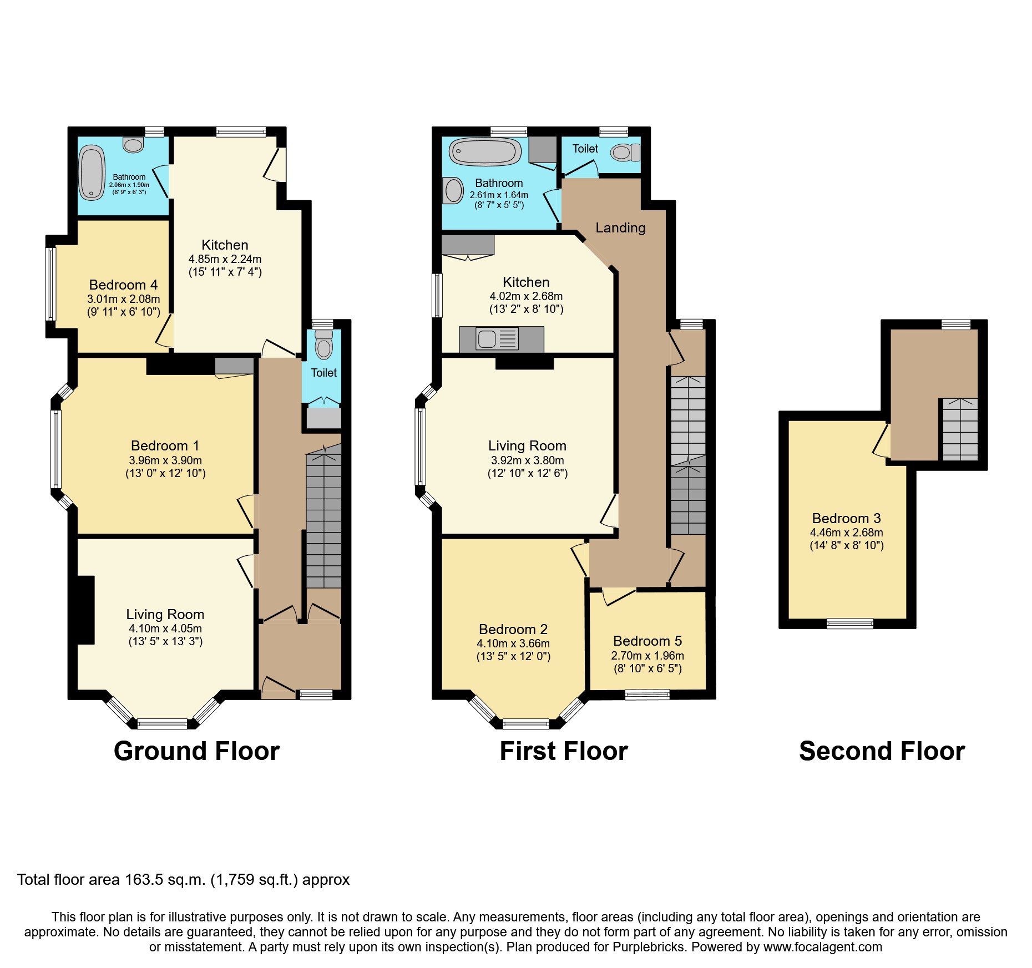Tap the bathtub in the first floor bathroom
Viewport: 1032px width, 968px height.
click(485, 151)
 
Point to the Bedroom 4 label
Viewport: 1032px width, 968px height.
click(123, 285)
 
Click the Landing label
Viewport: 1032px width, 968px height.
click(620, 228)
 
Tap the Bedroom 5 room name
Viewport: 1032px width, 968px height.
click(647, 641)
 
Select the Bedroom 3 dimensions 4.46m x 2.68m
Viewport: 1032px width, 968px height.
click(846, 533)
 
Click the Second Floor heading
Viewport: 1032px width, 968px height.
click(882, 751)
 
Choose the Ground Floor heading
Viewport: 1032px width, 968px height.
click(196, 751)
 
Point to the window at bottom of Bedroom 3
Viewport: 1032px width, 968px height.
click(849, 624)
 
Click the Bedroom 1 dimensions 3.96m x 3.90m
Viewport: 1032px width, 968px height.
click(165, 460)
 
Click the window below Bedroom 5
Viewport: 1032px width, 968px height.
click(647, 694)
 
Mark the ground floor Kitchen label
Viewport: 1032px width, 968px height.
click(225, 245)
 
